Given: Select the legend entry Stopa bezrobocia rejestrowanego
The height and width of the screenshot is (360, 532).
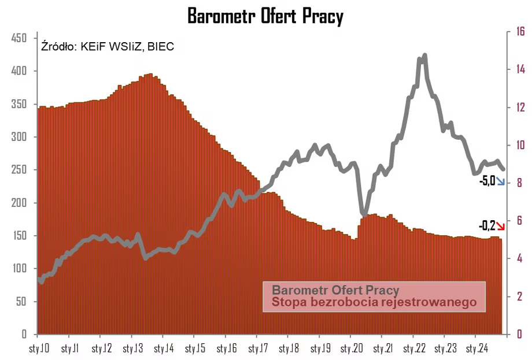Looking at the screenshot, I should point(374,302).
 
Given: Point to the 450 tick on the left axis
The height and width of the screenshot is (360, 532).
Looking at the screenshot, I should point(20,38).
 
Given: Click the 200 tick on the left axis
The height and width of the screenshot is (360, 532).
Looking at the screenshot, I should point(20,203).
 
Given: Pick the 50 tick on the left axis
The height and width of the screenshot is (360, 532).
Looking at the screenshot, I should point(22,302).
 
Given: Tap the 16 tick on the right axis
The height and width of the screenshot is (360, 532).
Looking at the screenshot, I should point(520,32).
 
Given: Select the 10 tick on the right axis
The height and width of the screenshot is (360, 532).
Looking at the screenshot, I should point(520,145).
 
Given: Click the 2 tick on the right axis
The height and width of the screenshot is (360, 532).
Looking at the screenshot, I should point(519,296).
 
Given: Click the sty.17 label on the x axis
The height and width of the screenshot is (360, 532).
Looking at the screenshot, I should point(257,349).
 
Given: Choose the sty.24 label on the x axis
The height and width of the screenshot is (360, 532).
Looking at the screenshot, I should point(476,349).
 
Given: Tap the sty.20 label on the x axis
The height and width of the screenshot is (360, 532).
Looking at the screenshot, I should point(351,349).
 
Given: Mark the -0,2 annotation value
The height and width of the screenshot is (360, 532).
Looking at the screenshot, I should point(487,225).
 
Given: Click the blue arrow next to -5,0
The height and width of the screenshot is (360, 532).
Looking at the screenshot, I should point(501,182).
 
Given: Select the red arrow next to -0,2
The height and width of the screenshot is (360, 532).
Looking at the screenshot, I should point(501,226).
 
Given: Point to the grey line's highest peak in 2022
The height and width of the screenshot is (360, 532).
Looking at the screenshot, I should point(425,55).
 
